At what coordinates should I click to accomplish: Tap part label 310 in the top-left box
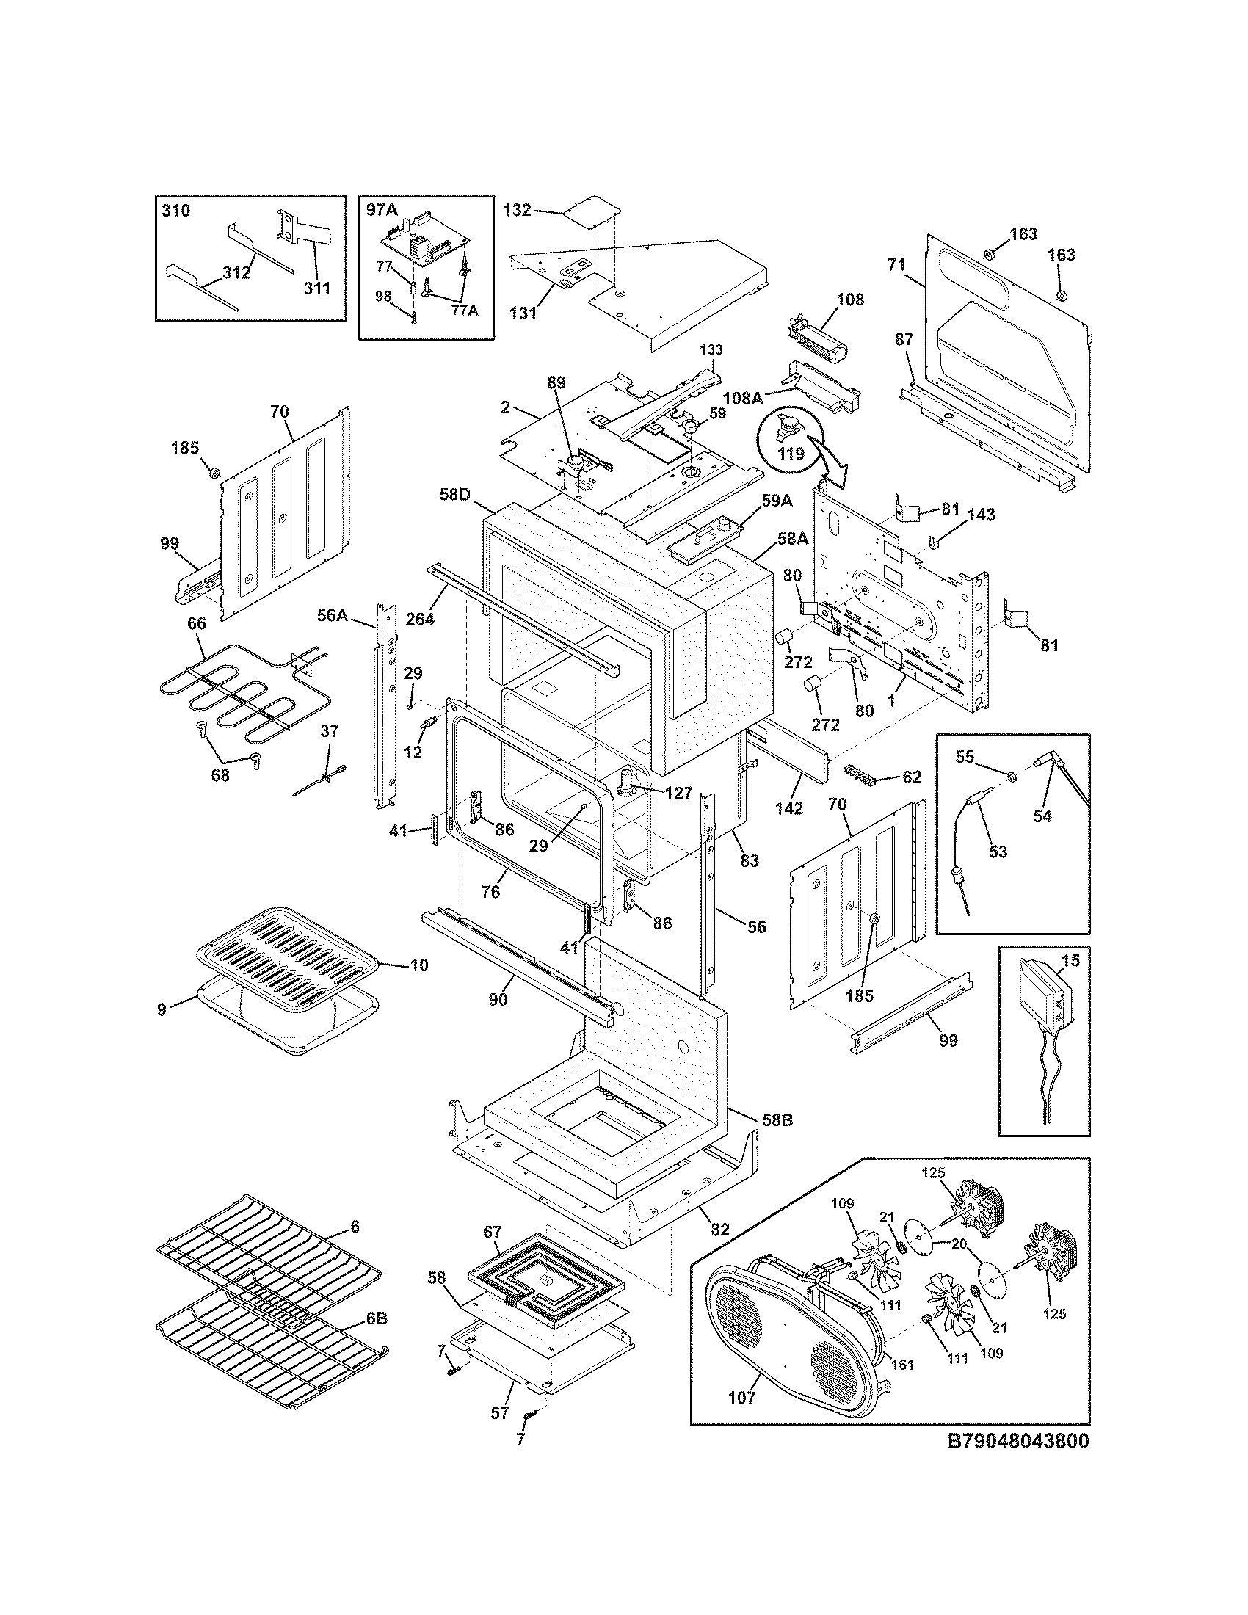(175, 211)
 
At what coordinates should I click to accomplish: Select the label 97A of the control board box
(382, 210)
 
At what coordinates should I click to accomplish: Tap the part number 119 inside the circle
(791, 453)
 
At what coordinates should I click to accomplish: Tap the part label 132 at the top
(517, 210)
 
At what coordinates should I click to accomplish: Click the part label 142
(789, 808)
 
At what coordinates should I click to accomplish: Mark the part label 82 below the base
(719, 1229)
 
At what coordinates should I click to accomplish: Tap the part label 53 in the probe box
(998, 852)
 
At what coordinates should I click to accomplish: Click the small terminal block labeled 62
(866, 774)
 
